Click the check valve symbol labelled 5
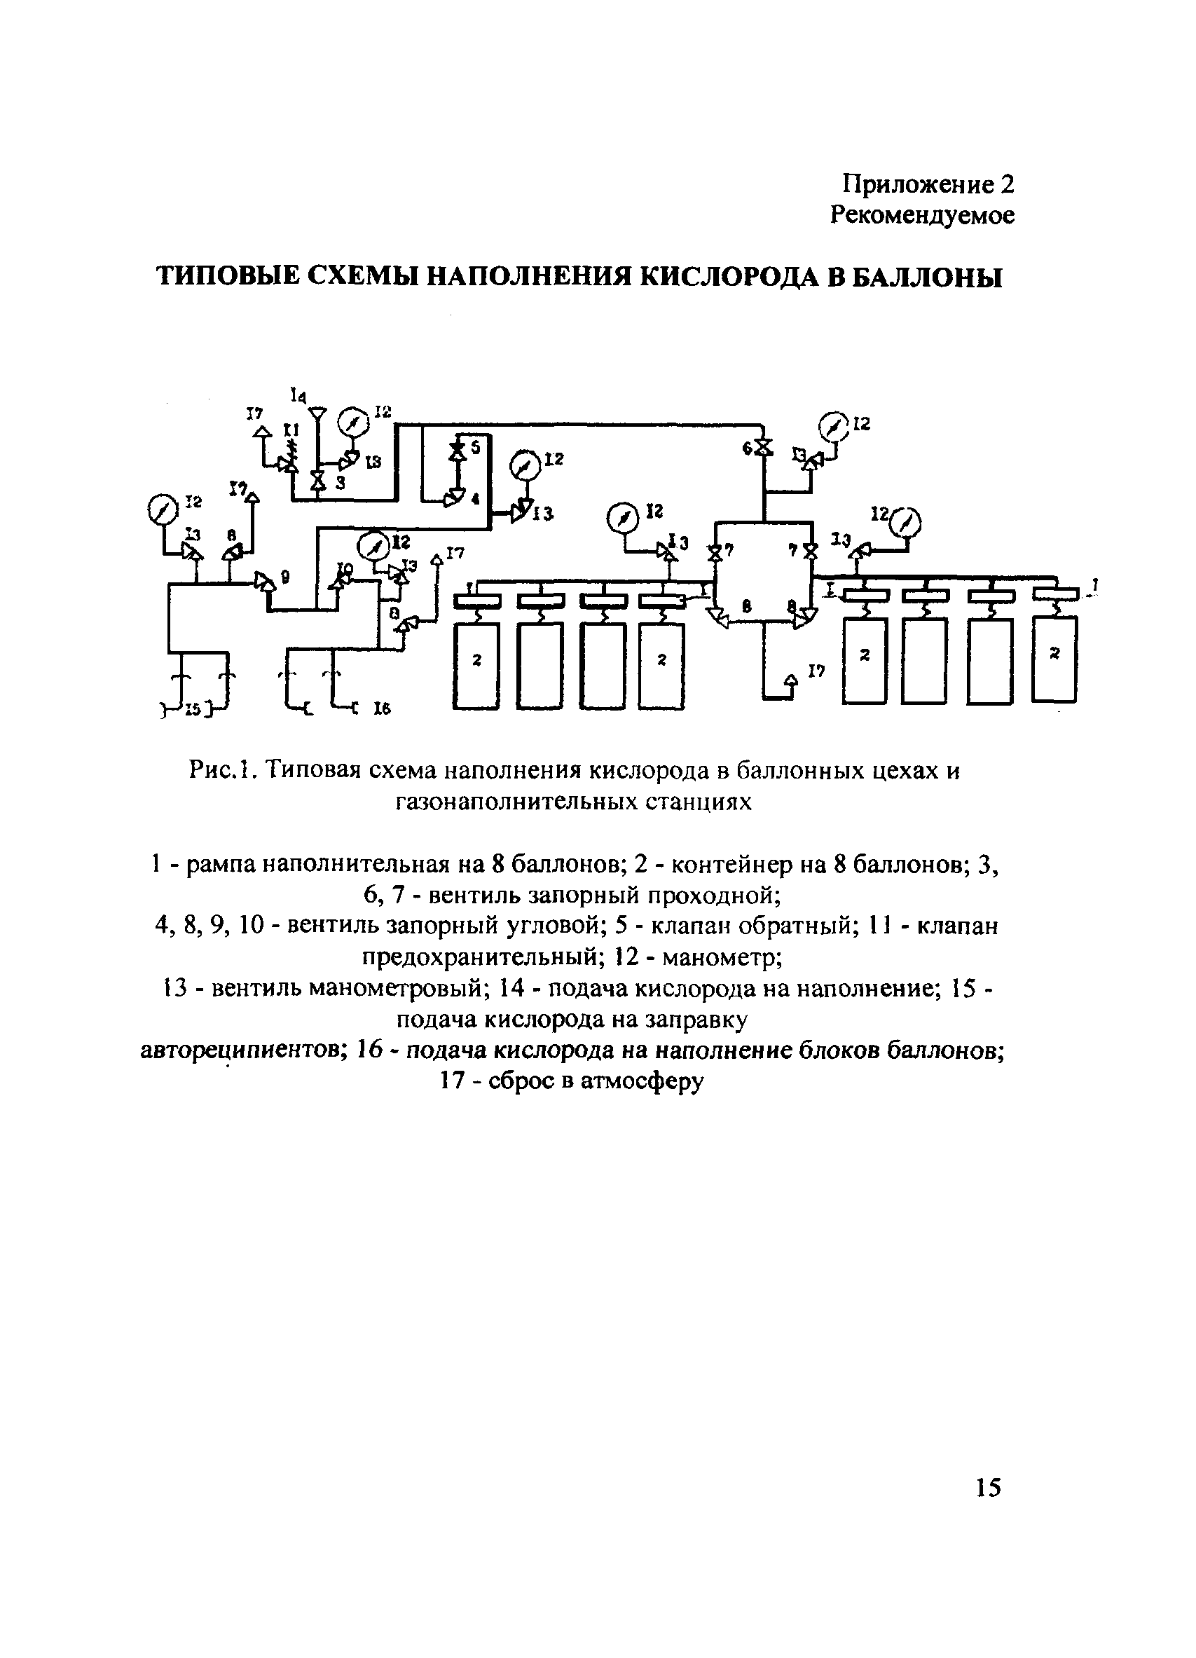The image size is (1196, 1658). click(458, 451)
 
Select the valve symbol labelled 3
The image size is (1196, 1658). click(317, 481)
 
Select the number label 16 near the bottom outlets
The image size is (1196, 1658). click(382, 708)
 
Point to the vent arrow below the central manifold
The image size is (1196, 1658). click(790, 680)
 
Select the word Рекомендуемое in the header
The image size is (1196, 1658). click(923, 216)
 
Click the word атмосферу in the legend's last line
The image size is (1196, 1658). click(642, 1081)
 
